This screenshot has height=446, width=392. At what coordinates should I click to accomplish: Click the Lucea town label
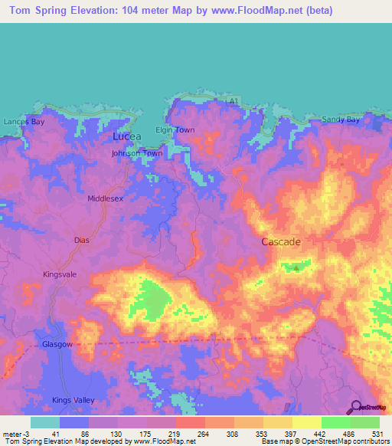[127, 136]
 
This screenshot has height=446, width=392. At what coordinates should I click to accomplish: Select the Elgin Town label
[176, 130]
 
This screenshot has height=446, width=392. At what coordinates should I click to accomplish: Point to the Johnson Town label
[137, 153]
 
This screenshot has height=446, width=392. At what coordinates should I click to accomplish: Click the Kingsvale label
[61, 274]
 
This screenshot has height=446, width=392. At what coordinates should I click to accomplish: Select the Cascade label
[281, 241]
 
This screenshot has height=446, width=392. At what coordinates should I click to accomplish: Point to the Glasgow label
[57, 345]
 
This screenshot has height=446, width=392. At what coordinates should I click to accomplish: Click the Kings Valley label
[71, 400]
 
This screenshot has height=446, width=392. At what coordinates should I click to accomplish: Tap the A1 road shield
[234, 101]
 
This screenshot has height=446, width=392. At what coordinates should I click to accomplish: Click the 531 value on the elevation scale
[376, 434]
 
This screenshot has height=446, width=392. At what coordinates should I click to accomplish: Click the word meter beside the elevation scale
[11, 434]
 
